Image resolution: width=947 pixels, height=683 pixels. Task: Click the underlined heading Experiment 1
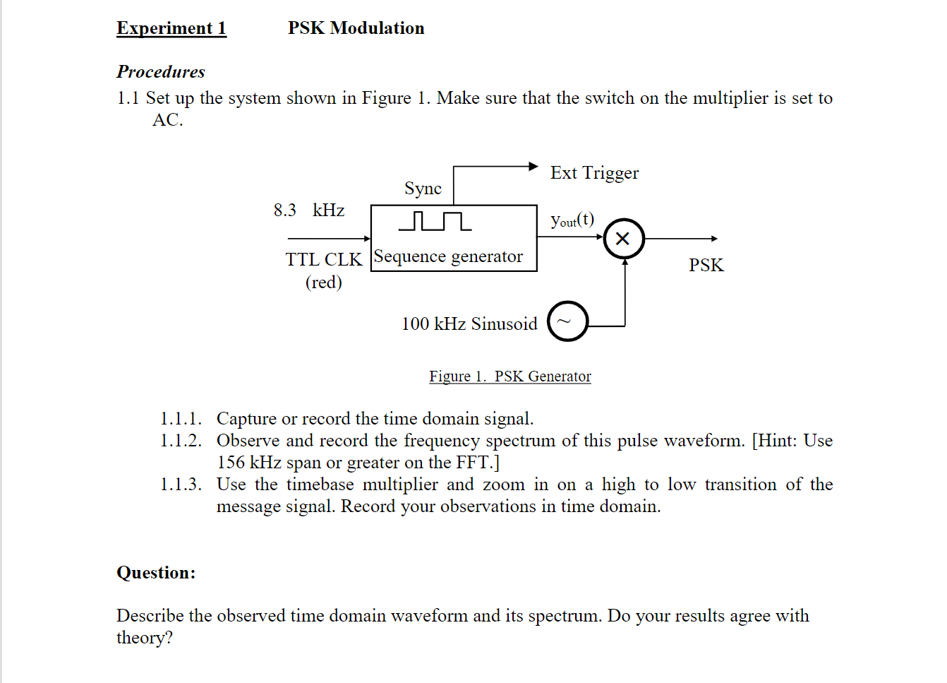pos(171,28)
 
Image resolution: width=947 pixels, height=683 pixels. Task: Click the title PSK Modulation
pos(356,28)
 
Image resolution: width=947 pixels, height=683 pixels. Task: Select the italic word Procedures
pos(161,72)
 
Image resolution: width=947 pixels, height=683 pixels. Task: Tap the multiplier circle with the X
pos(624,239)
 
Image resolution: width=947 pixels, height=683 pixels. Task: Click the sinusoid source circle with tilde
pos(567,321)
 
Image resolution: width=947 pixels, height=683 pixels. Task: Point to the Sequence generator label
pos(449,256)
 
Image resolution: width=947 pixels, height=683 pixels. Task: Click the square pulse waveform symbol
pos(435,221)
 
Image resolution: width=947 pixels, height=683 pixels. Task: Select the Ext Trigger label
pos(594,173)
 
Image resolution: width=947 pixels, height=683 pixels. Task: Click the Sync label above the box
pos(423,189)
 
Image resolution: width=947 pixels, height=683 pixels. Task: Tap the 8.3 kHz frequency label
pos(309,210)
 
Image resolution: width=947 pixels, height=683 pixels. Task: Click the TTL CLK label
pos(323,260)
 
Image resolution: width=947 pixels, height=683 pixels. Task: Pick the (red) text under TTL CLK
pos(323,283)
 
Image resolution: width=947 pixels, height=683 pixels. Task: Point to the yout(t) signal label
pos(572,220)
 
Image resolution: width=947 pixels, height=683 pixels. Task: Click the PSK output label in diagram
pos(706,266)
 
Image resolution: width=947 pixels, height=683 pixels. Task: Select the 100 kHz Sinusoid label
pos(469,324)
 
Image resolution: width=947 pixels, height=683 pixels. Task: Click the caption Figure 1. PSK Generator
pos(509,376)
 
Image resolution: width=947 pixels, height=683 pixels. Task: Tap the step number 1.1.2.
pos(181,441)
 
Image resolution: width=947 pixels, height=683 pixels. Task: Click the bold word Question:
pos(156,573)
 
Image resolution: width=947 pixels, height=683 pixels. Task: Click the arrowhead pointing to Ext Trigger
pos(533,167)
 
